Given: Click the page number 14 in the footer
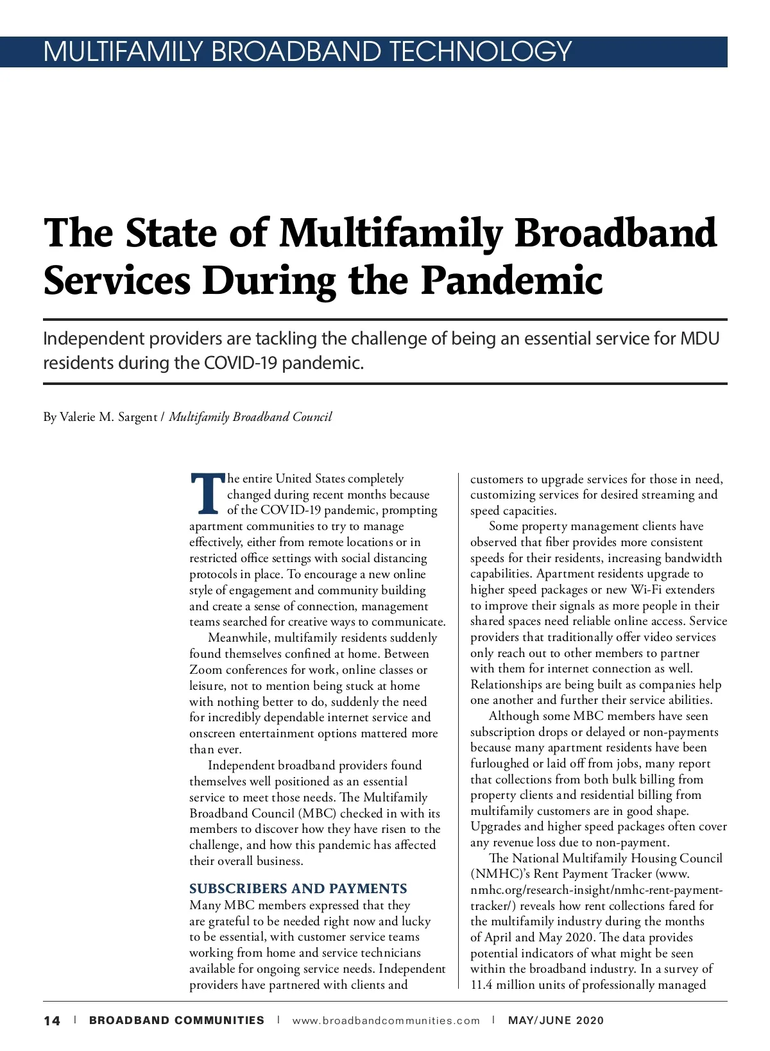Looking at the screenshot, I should pyautogui.click(x=52, y=1021).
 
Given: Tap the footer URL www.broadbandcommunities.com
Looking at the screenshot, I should pyautogui.click(x=386, y=1021).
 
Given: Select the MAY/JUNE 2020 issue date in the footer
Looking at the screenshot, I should pyautogui.click(x=556, y=1021).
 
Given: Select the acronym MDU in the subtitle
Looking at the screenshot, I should pyautogui.click(x=700, y=338).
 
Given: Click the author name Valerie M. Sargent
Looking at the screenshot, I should pyautogui.click(x=108, y=417).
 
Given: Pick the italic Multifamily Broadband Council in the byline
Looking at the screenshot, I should pyautogui.click(x=250, y=417).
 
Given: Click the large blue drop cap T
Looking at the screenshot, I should pyautogui.click(x=207, y=495).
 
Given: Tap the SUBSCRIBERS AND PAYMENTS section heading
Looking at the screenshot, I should pyautogui.click(x=298, y=889).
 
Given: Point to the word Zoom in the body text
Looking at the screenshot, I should pyautogui.click(x=205, y=670).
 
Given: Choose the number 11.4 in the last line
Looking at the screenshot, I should pyautogui.click(x=482, y=985).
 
